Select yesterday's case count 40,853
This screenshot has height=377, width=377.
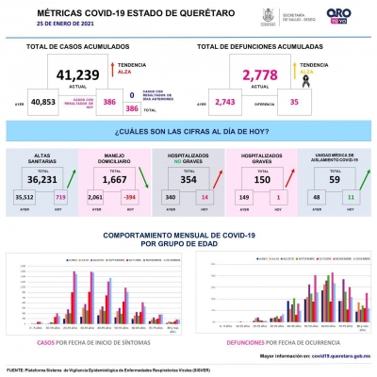point(43,101)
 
